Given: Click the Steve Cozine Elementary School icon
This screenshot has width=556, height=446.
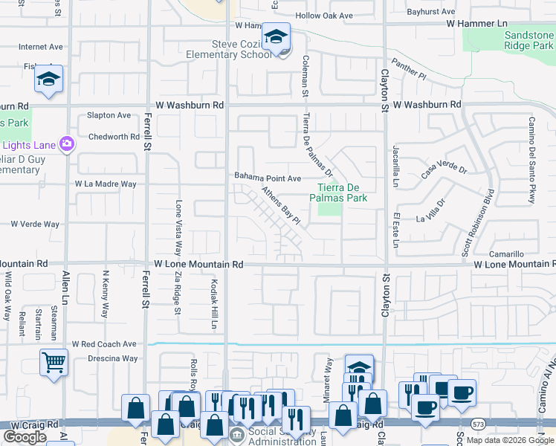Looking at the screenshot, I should [x=276, y=37].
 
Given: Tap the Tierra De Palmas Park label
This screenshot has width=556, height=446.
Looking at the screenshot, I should [x=343, y=193].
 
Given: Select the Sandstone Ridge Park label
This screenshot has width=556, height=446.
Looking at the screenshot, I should [x=529, y=40].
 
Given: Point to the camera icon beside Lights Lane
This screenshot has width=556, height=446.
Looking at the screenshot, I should [x=68, y=143].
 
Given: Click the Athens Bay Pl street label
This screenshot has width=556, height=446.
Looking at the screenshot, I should [x=280, y=206].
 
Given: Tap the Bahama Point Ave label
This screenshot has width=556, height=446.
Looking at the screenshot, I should [x=268, y=178].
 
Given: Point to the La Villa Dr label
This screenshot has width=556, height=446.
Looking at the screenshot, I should [x=430, y=212].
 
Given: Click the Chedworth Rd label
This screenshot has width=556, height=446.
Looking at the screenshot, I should [x=114, y=137].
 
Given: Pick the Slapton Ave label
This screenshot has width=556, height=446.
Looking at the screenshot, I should [x=109, y=115].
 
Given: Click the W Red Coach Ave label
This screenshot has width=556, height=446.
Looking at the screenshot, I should [x=104, y=345].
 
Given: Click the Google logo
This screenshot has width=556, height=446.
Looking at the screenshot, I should [x=25, y=437].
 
